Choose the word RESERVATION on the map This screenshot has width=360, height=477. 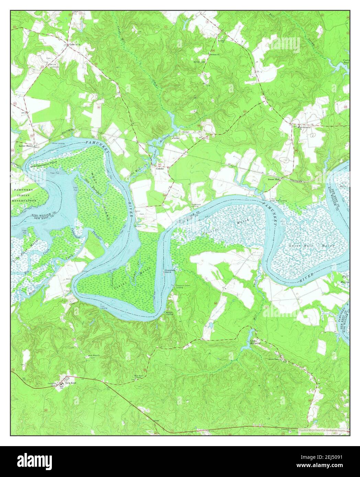[x=24, y=200]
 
